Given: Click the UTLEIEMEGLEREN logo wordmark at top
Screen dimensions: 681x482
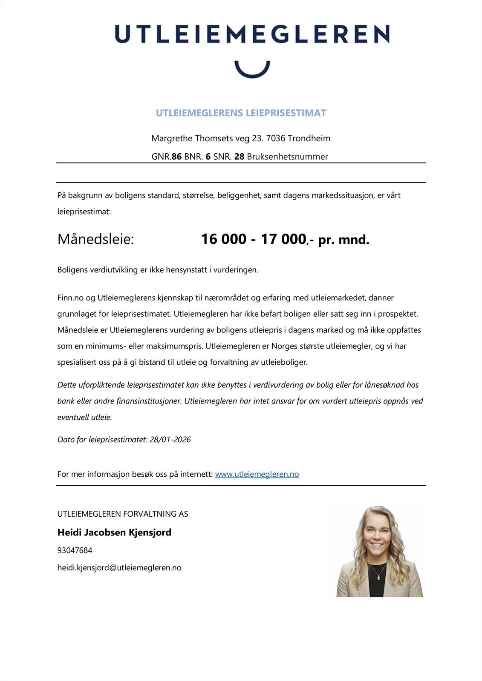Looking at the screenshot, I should (252, 34).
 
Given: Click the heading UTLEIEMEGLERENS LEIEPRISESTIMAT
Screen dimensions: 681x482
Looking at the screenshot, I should (241, 113).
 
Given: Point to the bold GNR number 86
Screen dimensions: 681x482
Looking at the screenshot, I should (176, 157).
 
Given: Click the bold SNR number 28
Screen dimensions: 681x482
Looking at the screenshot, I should (239, 157).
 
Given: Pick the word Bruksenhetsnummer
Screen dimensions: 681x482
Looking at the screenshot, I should (287, 157).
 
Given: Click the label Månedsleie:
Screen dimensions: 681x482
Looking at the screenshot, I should (95, 239).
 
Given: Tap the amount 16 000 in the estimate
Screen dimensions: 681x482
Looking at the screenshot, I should (223, 239).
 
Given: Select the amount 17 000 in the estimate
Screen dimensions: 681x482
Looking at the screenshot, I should (283, 239).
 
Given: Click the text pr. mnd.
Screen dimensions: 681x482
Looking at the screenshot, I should (343, 240).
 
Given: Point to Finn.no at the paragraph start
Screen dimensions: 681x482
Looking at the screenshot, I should (70, 298).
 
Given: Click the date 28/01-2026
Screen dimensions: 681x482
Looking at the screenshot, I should (170, 440).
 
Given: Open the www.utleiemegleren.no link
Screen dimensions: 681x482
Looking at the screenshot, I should (257, 474).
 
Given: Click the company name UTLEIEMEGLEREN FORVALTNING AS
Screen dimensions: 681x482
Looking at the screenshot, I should (123, 514).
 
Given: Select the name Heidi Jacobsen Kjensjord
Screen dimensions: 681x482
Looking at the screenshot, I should (114, 532).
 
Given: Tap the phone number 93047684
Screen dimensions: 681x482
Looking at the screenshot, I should (75, 550).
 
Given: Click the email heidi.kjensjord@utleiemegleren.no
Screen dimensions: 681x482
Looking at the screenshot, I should (119, 568).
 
